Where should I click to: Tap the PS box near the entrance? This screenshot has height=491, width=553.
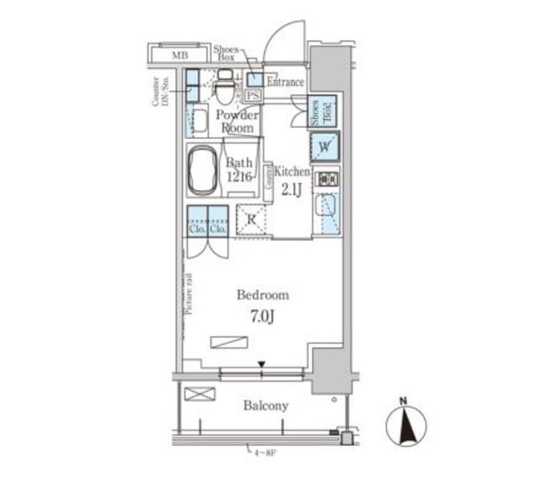coord(253,95)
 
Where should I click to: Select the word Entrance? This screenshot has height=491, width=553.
coord(284,83)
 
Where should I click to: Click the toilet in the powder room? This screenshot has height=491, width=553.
coord(225,86)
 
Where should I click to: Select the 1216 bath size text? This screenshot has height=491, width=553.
coord(239,176)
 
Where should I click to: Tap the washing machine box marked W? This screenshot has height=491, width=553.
coord(324,147)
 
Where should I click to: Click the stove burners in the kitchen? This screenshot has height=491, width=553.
coord(327,179)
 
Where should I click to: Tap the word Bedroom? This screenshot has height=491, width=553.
coord(264,295)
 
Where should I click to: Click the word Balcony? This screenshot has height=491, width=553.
coord(265,405)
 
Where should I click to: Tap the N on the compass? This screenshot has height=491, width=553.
coord(404,400)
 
